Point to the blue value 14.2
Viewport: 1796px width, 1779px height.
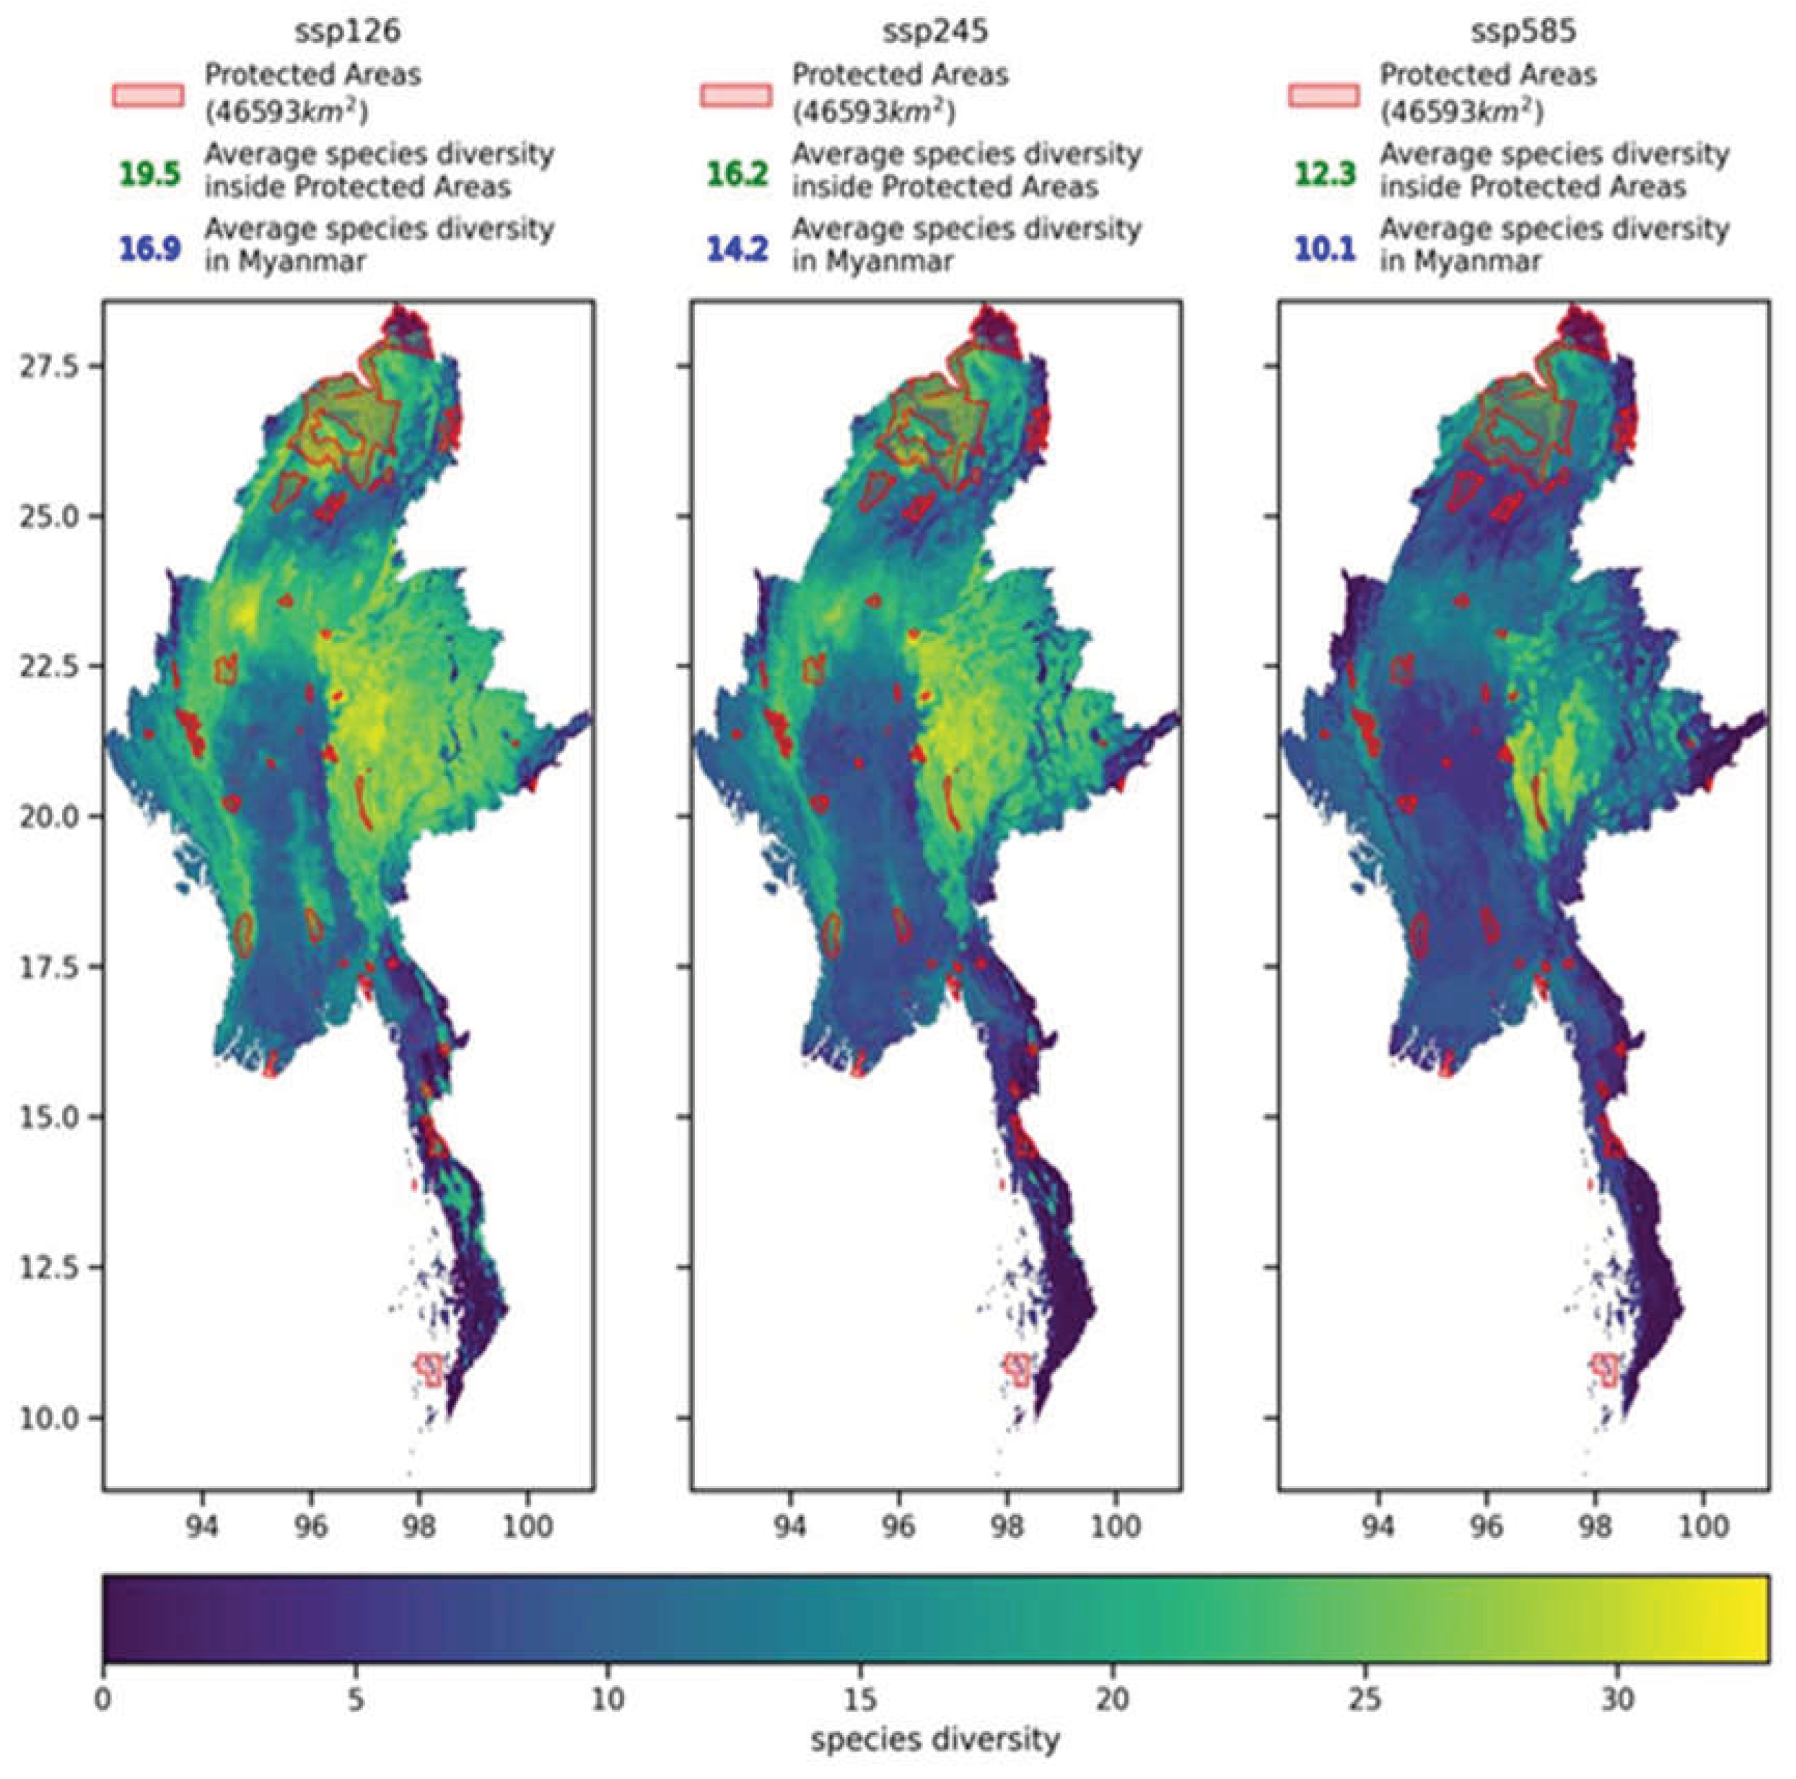[x=737, y=249]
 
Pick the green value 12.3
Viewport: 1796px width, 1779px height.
[x=1325, y=174]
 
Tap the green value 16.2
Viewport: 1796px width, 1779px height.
[x=737, y=174]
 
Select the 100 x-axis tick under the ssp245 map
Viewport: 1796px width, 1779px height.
[x=1115, y=1526]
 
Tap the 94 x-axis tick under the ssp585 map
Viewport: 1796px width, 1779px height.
[x=1378, y=1526]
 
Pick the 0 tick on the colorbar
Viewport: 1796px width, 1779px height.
[x=103, y=1699]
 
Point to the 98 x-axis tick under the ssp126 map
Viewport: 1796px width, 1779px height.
[x=419, y=1526]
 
